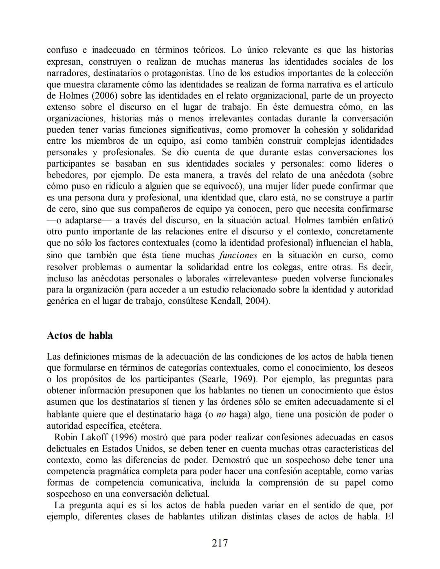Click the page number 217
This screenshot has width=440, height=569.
tap(220, 543)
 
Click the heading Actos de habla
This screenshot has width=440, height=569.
tap(80, 336)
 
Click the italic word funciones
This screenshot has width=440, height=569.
tap(238, 255)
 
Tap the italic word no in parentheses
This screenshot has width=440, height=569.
tap(221, 415)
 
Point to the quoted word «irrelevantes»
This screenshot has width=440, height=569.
tap(249, 279)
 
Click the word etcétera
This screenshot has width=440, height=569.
tap(145, 426)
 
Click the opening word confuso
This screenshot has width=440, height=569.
tap(62, 50)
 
